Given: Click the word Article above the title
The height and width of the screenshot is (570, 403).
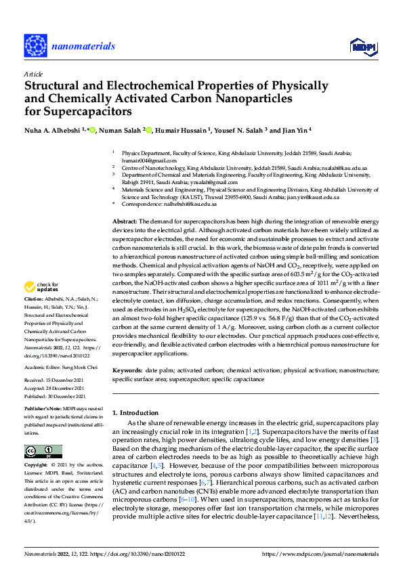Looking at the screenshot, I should [x=33, y=74].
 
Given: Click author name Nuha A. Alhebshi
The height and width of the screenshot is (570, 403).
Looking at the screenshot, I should [x=53, y=130].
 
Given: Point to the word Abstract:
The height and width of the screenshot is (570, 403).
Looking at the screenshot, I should [x=125, y=221].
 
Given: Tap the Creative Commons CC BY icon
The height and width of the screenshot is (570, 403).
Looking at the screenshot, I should [x=43, y=451].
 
